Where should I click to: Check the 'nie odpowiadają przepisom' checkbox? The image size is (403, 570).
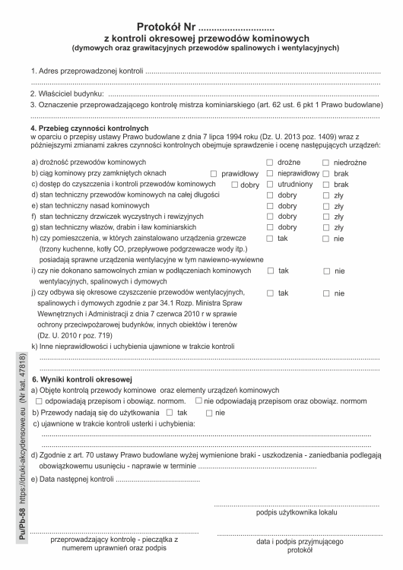[x=198, y=401]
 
